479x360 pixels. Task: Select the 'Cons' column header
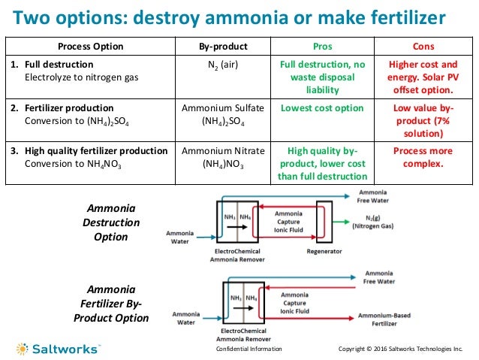(418, 46)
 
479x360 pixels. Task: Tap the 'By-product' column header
(223, 46)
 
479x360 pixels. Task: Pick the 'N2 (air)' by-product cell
(223, 65)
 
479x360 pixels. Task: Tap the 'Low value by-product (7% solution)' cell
(418, 120)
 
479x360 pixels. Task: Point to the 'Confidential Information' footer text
(249, 349)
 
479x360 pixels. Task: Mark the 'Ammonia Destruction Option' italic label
(111, 222)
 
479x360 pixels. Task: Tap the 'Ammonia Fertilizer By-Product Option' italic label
(111, 304)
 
